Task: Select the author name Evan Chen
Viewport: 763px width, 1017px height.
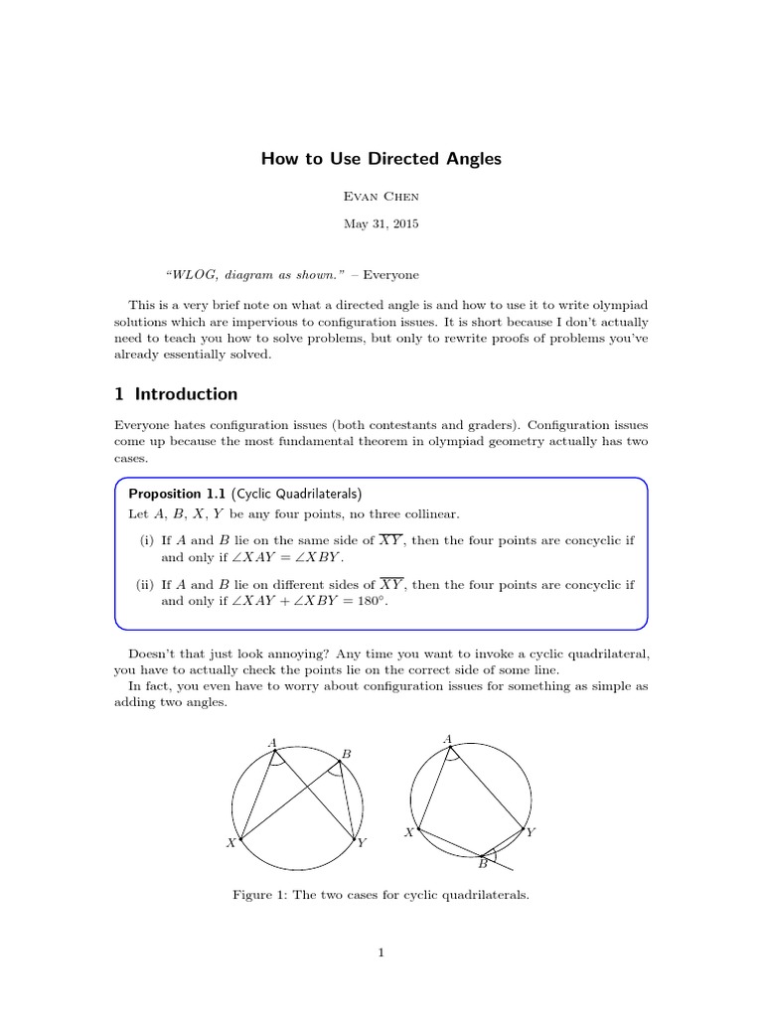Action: pos(381,199)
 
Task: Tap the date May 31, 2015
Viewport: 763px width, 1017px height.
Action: pos(381,223)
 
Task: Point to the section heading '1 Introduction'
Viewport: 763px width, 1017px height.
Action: pos(177,394)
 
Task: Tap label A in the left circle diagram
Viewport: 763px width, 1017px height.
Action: pos(272,741)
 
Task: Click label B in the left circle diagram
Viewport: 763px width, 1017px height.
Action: pos(346,755)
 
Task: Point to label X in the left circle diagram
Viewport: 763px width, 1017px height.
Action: pos(230,843)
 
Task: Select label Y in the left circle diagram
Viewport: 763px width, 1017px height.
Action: pos(362,843)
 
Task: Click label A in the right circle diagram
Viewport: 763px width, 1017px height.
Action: pos(448,738)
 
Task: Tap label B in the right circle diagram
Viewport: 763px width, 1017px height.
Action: pos(482,864)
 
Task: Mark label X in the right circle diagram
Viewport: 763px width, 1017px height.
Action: pos(408,832)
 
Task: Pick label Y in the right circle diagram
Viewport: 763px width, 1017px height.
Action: pos(531,832)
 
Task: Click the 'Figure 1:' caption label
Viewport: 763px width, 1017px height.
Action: pos(259,895)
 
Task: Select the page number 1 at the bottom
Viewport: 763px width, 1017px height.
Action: pos(381,953)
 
